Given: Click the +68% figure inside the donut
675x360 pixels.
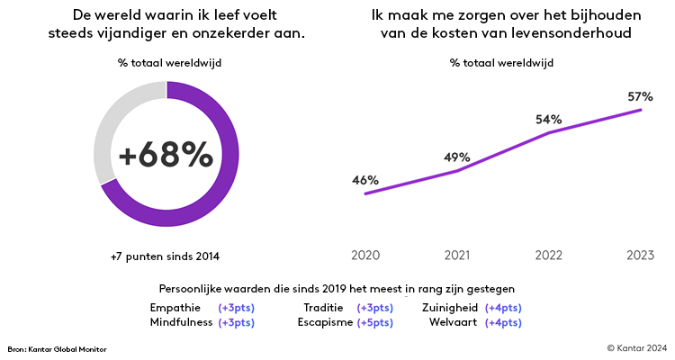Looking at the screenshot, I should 166,155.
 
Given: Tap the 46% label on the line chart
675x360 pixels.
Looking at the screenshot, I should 364,180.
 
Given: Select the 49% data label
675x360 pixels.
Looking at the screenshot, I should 456,157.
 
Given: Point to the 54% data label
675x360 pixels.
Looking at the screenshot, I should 549,119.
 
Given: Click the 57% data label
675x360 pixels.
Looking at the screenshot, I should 641,95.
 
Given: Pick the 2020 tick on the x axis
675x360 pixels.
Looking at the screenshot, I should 364,256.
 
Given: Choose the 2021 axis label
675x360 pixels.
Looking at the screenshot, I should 456,256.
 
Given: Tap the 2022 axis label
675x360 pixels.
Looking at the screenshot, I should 549,256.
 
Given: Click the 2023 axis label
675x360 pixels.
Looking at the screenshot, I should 641,256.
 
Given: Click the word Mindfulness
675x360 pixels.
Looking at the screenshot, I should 182,322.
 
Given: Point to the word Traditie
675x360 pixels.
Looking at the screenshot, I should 326,308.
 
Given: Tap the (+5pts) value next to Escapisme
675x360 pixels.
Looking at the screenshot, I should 374,322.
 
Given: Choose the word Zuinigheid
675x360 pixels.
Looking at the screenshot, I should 449,308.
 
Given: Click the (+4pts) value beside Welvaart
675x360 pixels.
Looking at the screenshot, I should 503,322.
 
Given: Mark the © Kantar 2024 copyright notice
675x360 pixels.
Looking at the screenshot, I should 636,347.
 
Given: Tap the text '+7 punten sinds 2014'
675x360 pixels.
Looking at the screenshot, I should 165,256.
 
